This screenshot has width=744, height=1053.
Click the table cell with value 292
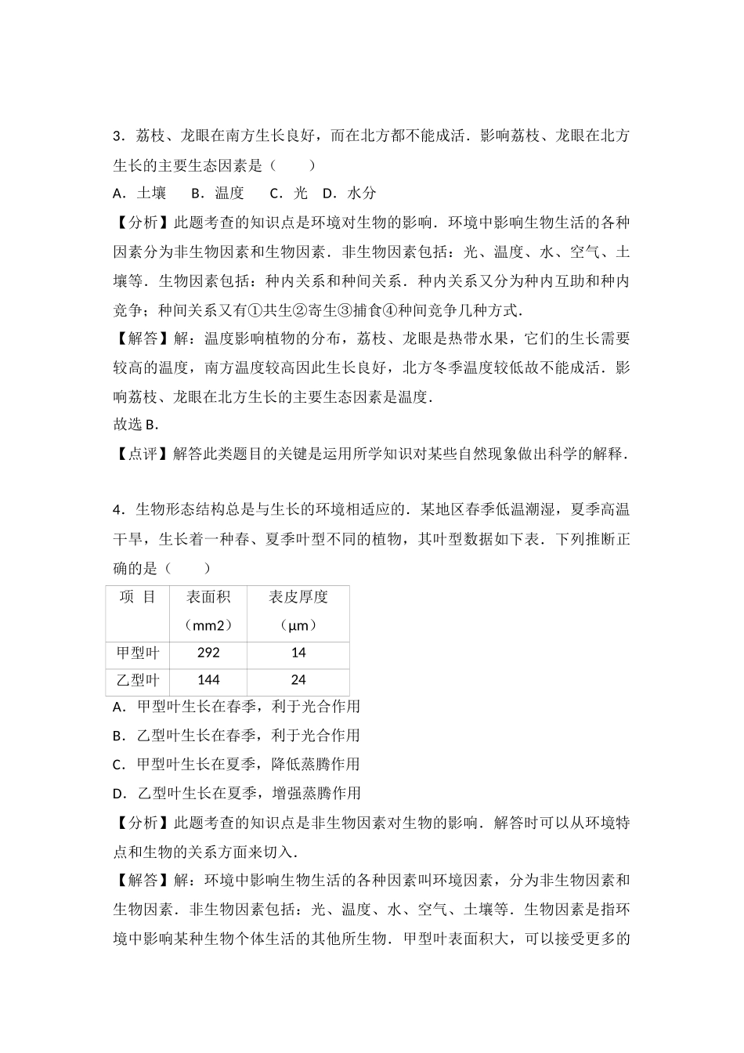pyautogui.click(x=208, y=653)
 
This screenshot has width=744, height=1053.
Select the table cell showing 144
pyautogui.click(x=208, y=680)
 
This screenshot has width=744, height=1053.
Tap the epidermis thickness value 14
pyautogui.click(x=298, y=653)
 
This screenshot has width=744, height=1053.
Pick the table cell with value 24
pyautogui.click(x=298, y=680)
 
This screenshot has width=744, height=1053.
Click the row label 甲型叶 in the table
pyautogui.click(x=137, y=653)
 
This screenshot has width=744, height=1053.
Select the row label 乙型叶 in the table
pyautogui.click(x=137, y=680)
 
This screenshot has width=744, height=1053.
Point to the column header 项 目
pyautogui.click(x=137, y=597)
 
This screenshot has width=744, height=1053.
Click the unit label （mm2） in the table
pyautogui.click(x=208, y=625)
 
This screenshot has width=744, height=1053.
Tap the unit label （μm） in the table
pyautogui.click(x=298, y=625)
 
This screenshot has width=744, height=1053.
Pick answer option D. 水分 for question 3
pyautogui.click(x=349, y=193)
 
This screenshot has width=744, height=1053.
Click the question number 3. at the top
pyautogui.click(x=119, y=136)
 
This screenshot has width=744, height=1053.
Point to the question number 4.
pyautogui.click(x=119, y=510)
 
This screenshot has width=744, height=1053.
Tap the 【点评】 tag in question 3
pyautogui.click(x=143, y=454)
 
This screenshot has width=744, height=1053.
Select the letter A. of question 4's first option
pyautogui.click(x=119, y=707)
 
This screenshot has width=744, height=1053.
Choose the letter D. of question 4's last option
pyautogui.click(x=119, y=794)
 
